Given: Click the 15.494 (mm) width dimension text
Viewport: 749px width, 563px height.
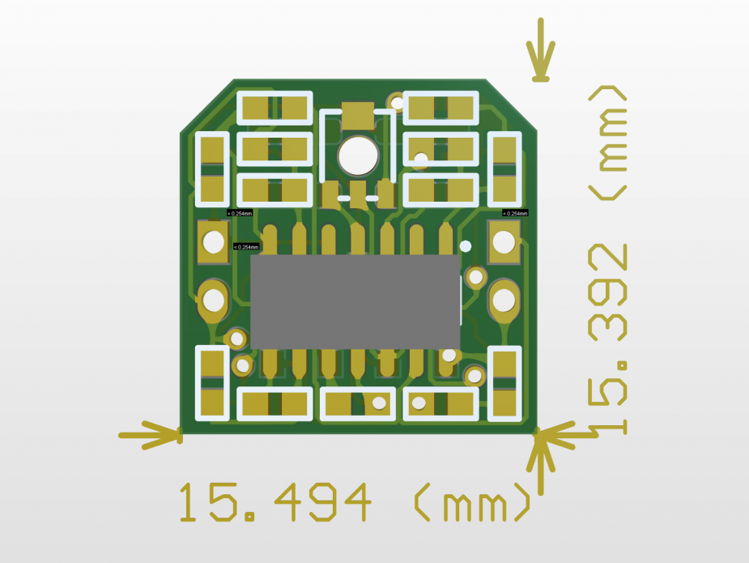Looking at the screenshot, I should [354, 503].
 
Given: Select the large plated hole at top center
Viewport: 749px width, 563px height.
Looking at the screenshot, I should [357, 156].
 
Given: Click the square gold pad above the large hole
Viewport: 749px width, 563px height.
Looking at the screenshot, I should [357, 115].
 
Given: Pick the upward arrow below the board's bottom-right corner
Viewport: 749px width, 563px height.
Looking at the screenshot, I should [540, 466].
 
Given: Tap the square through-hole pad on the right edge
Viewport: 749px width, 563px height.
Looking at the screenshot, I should [504, 241].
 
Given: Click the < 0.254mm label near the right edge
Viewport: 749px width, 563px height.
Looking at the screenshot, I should [515, 213].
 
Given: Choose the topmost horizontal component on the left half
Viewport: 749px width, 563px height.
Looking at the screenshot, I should [274, 107].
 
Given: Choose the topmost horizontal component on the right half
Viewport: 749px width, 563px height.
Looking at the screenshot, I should [441, 106].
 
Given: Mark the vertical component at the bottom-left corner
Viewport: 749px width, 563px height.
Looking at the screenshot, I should [212, 384].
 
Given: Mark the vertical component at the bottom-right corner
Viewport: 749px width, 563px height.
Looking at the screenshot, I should [505, 384].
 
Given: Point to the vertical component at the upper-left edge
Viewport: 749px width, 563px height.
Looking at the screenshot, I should [212, 168].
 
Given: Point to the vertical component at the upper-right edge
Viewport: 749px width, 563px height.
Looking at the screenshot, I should [504, 168].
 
